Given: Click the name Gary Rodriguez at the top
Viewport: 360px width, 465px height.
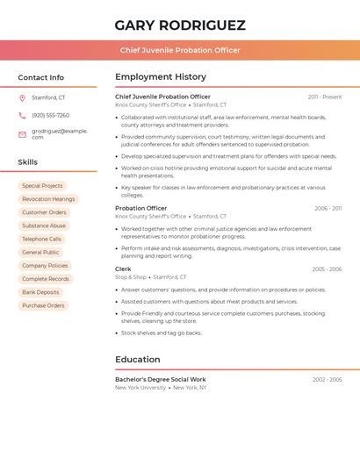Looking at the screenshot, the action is pos(180,25).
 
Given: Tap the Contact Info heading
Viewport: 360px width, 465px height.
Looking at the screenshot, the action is pos(41,77).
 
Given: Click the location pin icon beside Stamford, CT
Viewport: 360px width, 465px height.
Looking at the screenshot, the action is pos(22,98).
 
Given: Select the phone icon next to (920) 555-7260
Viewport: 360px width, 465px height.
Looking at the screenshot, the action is pos(22,116).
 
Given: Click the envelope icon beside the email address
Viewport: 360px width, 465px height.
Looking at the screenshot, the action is pos(22,134).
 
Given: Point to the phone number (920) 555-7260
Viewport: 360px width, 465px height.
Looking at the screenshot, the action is pos(50,116).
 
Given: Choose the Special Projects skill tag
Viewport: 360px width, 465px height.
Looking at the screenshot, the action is pos(42,186).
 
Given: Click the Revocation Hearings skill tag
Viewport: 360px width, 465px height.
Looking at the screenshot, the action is pos(48,199).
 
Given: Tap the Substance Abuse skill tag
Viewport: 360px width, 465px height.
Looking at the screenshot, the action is pos(44,225).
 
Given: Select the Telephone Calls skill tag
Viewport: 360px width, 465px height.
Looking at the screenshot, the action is pos(41,239).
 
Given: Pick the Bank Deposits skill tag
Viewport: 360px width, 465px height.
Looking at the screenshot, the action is pos(40,292).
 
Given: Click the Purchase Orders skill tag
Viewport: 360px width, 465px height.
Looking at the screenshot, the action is pos(43,305).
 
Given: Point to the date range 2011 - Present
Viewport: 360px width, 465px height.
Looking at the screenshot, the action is pos(325,97).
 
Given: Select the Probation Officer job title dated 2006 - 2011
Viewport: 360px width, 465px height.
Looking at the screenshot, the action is pos(140,209).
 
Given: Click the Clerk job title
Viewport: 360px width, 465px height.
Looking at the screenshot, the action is pos(123,269).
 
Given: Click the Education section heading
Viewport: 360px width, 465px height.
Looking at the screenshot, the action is pos(138,359).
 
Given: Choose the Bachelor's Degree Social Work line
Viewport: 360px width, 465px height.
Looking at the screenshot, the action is pos(161,379).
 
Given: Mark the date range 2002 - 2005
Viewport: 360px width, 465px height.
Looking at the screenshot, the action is pos(327,379).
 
